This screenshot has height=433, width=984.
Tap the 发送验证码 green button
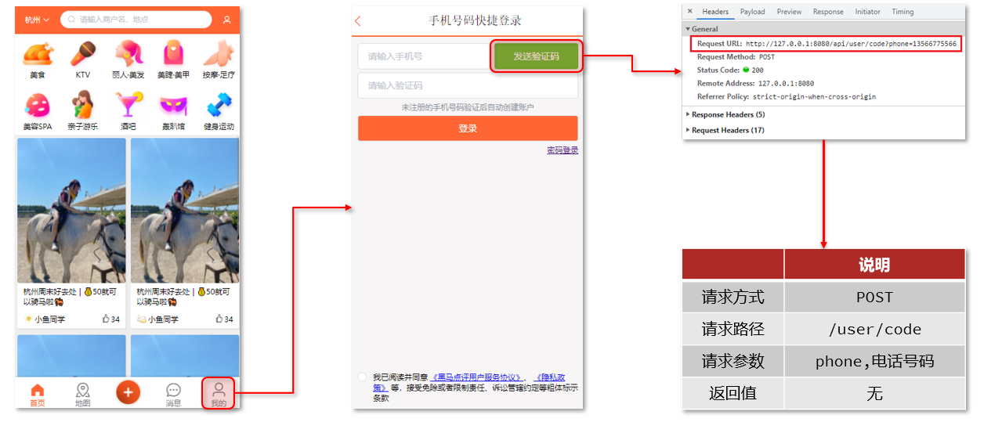pyautogui.click(x=536, y=56)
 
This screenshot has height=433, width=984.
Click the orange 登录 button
pyautogui.click(x=468, y=128)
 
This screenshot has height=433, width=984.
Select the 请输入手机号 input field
pyautogui.click(x=424, y=56)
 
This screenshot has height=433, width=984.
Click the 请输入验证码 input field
pyautogui.click(x=468, y=86)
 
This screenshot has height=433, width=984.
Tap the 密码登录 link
pyautogui.click(x=563, y=150)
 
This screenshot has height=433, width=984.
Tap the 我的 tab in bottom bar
pyautogui.click(x=219, y=394)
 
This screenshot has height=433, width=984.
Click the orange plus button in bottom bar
pyautogui.click(x=128, y=392)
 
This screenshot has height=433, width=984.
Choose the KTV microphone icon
pyautogui.click(x=83, y=55)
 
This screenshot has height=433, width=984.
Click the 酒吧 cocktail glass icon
pyautogui.click(x=128, y=106)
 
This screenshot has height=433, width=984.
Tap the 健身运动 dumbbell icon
pyautogui.click(x=219, y=106)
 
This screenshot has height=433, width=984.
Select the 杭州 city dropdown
pyautogui.click(x=36, y=20)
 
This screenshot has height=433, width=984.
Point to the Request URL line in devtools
pyautogui.click(x=827, y=44)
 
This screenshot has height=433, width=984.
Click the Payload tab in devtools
pyautogui.click(x=752, y=12)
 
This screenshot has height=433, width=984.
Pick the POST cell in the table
pyautogui.click(x=874, y=298)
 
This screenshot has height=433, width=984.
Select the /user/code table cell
pyautogui.click(x=874, y=330)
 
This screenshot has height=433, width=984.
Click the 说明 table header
pyautogui.click(x=874, y=265)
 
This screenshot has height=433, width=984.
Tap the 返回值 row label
pyautogui.click(x=733, y=393)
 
